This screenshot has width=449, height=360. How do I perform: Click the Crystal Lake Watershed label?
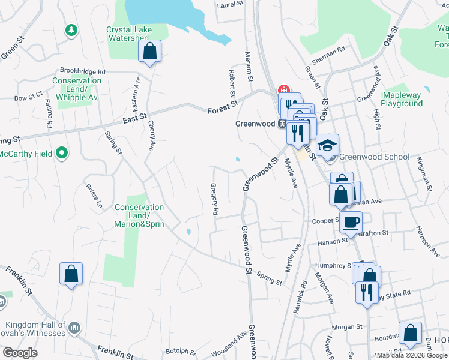click(x=127, y=34)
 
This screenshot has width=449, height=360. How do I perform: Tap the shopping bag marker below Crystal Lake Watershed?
click(x=149, y=51)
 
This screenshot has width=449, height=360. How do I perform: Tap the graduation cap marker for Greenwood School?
click(x=328, y=145)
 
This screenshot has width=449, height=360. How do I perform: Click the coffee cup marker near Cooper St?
click(x=351, y=223)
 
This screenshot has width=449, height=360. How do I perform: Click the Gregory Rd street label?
click(x=214, y=200)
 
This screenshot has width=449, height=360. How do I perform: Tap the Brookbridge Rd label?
click(x=82, y=71)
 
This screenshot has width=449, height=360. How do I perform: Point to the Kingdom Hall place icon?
click(x=74, y=328)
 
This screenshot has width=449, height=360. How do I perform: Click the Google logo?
click(x=20, y=353)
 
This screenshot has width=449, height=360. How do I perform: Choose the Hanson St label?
click(x=333, y=241)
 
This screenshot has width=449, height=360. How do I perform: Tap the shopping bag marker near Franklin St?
click(x=71, y=274)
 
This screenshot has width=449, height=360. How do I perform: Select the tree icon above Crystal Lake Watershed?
click(x=71, y=29)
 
